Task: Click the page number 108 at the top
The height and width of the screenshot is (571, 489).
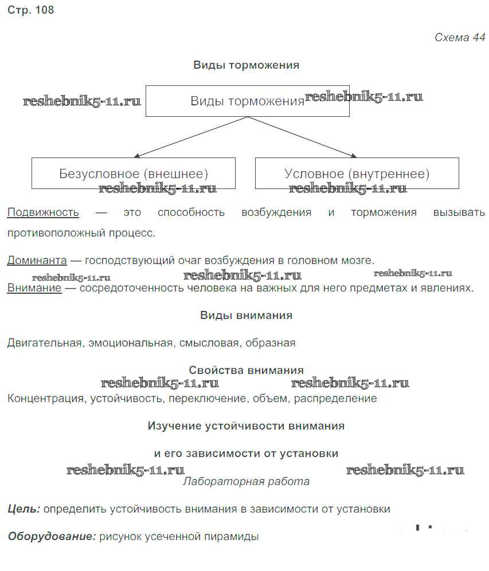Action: point(45,10)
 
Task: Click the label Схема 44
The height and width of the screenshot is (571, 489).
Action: point(460,37)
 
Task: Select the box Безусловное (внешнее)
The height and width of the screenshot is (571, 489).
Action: point(134,174)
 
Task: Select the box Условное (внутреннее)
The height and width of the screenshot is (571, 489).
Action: point(357,174)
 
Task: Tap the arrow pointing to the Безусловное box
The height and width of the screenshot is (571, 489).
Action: point(190,137)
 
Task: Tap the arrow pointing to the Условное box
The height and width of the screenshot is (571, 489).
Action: point(302,137)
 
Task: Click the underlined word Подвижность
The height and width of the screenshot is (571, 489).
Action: point(43,212)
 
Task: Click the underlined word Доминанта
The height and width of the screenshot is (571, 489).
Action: point(37,261)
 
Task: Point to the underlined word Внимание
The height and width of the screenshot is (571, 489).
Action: point(34,288)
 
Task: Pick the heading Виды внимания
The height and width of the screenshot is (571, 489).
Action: point(247,316)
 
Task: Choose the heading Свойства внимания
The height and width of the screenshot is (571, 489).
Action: point(247,371)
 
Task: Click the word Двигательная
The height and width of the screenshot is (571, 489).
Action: point(45,343)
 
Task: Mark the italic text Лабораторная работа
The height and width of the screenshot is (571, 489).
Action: point(247,482)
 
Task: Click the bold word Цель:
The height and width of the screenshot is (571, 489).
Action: point(24,509)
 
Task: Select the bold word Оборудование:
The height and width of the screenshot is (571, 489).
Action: point(52,537)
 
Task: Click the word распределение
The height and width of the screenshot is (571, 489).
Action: point(335,399)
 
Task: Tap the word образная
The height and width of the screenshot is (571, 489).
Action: point(271,343)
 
